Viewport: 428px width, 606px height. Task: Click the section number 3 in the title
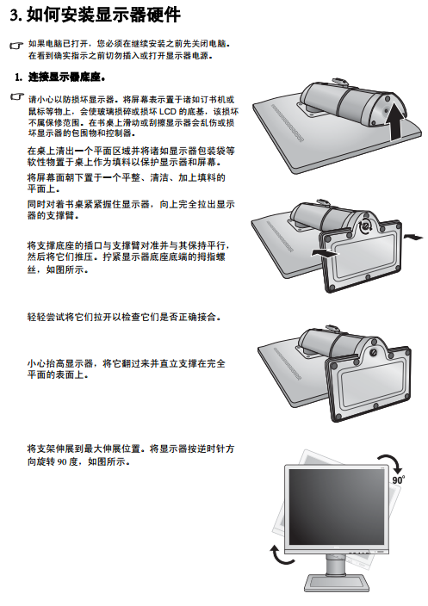click(15, 15)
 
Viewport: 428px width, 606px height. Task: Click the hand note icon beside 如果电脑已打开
click(16, 46)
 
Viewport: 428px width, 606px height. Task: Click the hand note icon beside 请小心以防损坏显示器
click(16, 96)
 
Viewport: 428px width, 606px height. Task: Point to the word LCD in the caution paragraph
click(168, 112)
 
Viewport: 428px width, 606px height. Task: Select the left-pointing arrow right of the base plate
click(413, 236)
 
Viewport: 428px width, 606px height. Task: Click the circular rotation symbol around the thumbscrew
click(364, 226)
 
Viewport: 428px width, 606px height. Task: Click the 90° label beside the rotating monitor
click(399, 479)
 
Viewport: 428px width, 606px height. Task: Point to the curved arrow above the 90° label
click(393, 462)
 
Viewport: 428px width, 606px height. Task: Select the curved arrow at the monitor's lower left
click(279, 554)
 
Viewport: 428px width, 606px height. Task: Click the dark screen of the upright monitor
click(337, 507)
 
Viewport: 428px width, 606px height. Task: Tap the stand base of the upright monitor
click(336, 584)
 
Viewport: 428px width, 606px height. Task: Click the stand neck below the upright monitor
click(336, 565)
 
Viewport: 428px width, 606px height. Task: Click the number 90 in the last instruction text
click(63, 462)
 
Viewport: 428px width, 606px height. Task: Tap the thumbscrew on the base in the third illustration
click(373, 352)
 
